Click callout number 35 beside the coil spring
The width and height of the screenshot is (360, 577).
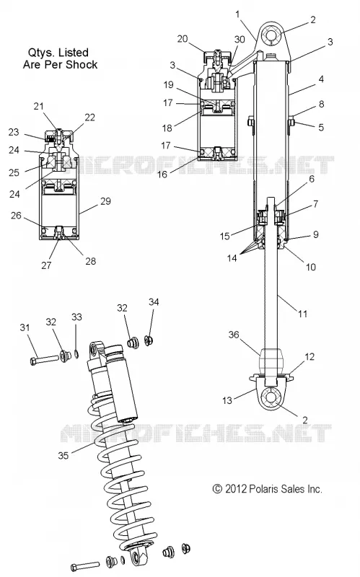click(x=63, y=455)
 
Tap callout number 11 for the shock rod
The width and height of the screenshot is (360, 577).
click(x=302, y=314)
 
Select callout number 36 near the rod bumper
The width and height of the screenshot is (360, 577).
click(x=234, y=335)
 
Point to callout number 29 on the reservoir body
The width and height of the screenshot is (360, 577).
click(x=105, y=201)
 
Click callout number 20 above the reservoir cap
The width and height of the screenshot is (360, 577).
click(x=183, y=39)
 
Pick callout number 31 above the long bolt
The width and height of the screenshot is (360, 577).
click(x=25, y=327)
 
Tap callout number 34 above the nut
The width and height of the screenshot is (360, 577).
click(x=154, y=301)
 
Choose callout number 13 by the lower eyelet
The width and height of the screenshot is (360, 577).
click(x=227, y=400)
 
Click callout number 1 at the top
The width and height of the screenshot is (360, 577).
click(x=237, y=14)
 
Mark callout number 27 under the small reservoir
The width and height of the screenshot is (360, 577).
click(x=46, y=265)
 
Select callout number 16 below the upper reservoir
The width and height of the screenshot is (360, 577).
click(x=162, y=175)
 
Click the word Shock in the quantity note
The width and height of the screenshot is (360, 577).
click(x=84, y=64)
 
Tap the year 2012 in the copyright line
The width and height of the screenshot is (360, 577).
click(x=235, y=489)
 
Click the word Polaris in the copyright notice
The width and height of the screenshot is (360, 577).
click(x=263, y=489)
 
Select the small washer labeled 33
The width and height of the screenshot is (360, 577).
click(x=76, y=354)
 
